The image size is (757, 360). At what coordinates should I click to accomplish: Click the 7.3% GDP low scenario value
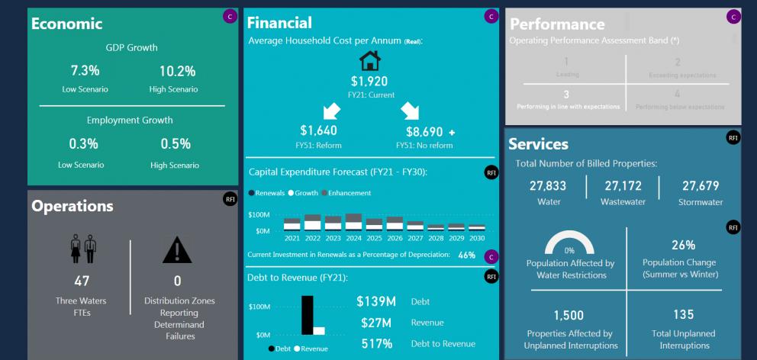pyautogui.click(x=85, y=71)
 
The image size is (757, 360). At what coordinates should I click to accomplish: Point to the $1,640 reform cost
pyautogui.click(x=319, y=131)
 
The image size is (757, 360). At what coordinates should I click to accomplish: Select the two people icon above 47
pyautogui.click(x=85, y=248)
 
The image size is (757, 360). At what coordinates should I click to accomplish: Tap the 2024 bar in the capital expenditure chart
pyautogui.click(x=353, y=222)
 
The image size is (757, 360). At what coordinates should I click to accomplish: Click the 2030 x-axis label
pyautogui.click(x=477, y=237)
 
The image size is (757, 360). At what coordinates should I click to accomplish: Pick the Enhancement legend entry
pyautogui.click(x=351, y=193)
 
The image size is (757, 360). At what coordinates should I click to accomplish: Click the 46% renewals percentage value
pyautogui.click(x=467, y=255)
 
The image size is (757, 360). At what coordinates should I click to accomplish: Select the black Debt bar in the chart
pyautogui.click(x=308, y=314)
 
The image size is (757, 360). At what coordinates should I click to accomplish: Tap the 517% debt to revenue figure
pyautogui.click(x=377, y=344)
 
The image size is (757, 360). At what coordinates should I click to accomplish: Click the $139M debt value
pyautogui.click(x=375, y=301)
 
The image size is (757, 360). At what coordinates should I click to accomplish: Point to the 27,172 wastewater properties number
pyautogui.click(x=623, y=186)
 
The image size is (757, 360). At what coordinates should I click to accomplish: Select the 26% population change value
pyautogui.click(x=683, y=245)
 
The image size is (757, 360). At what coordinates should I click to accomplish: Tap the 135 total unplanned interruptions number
pyautogui.click(x=683, y=314)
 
